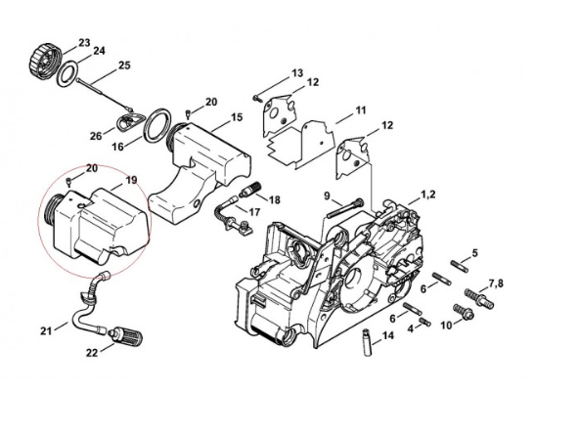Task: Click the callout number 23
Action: (x=84, y=43)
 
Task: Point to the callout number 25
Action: (x=124, y=65)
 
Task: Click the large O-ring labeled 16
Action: (x=158, y=125)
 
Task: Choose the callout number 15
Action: (x=237, y=117)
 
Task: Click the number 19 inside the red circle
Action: (x=131, y=180)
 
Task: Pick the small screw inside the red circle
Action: (x=68, y=181)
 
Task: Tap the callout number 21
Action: (x=46, y=331)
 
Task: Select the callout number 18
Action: (x=275, y=199)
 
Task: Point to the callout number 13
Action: (x=297, y=73)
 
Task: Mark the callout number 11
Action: (x=360, y=110)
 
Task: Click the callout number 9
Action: (x=327, y=196)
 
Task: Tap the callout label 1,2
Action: (x=428, y=195)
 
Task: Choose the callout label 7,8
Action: (x=496, y=283)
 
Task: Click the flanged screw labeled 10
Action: (x=464, y=313)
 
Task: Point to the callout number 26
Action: (x=96, y=136)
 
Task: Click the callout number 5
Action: (x=474, y=253)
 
